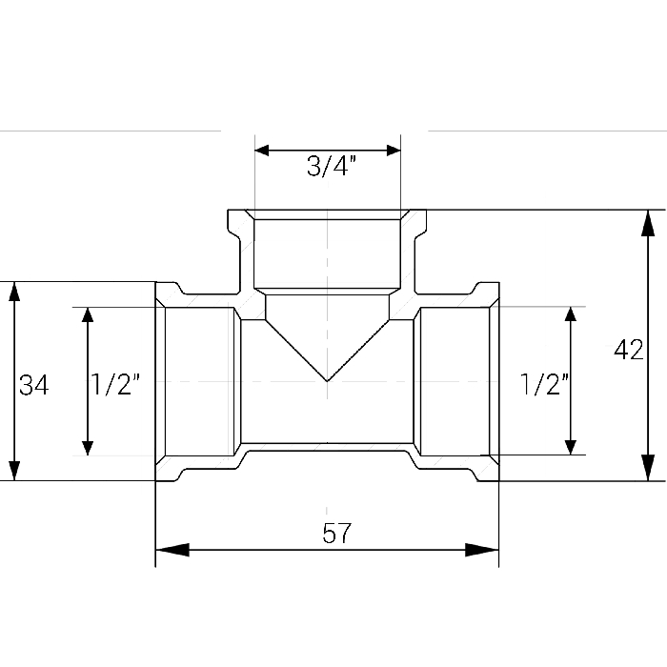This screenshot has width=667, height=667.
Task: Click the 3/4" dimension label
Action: [x=331, y=166]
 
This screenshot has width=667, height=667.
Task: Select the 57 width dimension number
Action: [x=337, y=533]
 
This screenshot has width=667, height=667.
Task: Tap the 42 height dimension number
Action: [x=628, y=350]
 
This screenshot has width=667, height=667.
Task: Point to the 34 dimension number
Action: [x=34, y=385]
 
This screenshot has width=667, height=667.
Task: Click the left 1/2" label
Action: [x=115, y=384]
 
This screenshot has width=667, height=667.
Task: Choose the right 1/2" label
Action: [x=544, y=384]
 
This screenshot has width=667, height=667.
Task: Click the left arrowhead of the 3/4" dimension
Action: [x=262, y=151]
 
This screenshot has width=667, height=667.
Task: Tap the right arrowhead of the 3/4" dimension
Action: [x=394, y=151]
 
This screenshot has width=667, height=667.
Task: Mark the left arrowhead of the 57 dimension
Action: [x=172, y=550]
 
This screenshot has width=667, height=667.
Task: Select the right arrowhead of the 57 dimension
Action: [x=481, y=550]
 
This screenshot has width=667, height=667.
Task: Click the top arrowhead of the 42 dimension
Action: [x=648, y=223]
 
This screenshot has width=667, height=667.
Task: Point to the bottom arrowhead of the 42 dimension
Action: [x=648, y=468]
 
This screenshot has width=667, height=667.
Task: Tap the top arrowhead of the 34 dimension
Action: [x=14, y=292]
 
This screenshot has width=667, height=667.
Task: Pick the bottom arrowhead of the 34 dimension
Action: [x=14, y=471]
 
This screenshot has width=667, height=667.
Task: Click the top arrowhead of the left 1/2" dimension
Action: [x=88, y=314]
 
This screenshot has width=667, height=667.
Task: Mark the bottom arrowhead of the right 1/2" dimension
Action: [x=571, y=448]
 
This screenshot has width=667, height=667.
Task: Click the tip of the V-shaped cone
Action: [x=327, y=381]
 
